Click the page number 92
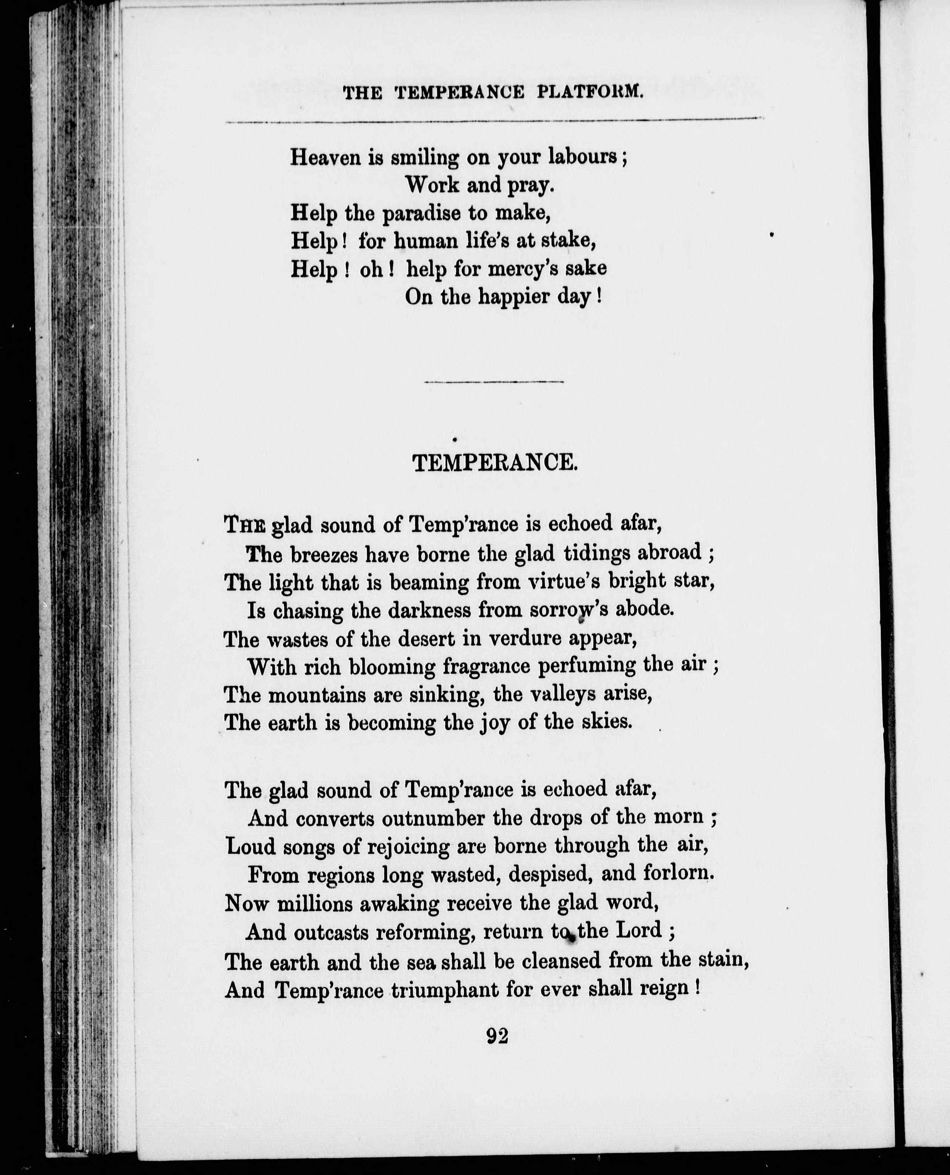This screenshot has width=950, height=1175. [497, 1036]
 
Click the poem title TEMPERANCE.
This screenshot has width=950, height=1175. [495, 464]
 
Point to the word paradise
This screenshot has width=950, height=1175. [421, 213]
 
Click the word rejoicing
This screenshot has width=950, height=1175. [407, 848]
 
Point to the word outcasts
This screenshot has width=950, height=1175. [330, 931]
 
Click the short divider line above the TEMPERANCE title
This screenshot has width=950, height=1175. [494, 381]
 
